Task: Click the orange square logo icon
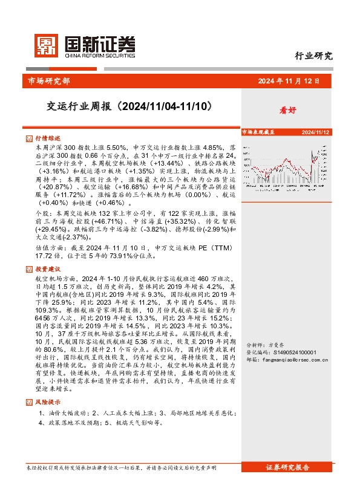pos(46,44)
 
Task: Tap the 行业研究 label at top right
pos(313,57)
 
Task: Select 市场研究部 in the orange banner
pos(49,81)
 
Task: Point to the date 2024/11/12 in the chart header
pos(315,131)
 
